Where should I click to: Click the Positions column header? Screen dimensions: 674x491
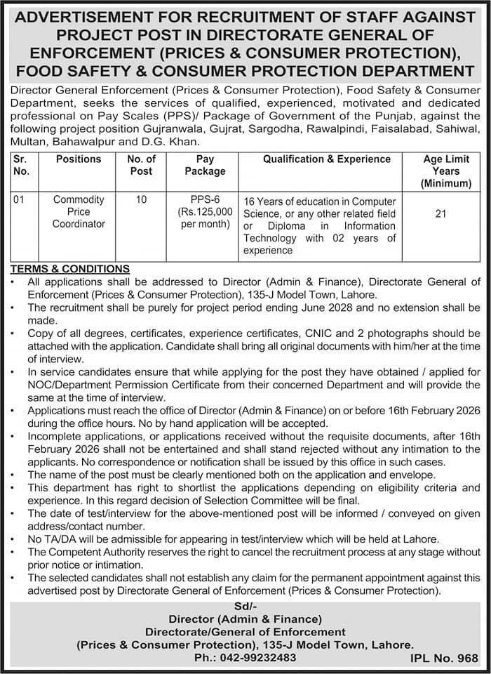point(78,159)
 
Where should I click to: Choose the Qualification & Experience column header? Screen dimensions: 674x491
point(327,159)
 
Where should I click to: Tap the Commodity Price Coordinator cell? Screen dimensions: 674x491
point(78,212)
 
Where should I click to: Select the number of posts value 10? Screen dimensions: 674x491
point(141,200)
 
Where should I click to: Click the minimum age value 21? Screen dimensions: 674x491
point(440,213)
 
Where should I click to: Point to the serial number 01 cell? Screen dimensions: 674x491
point(19,200)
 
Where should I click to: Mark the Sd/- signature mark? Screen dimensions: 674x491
point(245,606)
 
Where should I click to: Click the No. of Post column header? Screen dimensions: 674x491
point(141,165)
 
